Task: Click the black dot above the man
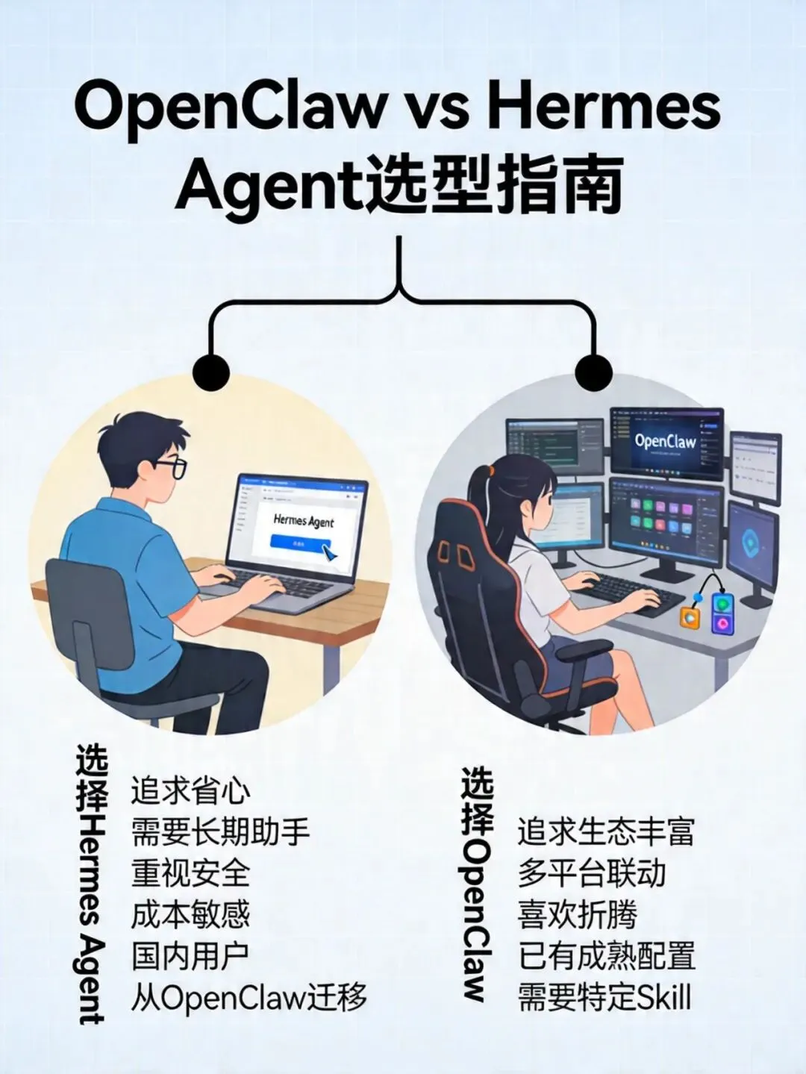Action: [211, 371]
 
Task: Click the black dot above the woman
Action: [595, 371]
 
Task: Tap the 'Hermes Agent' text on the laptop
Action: [303, 520]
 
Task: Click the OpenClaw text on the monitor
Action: [665, 441]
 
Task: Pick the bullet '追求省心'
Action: [190, 791]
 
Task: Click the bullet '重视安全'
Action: [190, 873]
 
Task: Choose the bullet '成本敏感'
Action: [190, 914]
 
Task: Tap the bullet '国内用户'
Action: [190, 956]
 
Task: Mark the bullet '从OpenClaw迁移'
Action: [249, 997]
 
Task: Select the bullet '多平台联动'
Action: [591, 873]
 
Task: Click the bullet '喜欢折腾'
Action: [577, 915]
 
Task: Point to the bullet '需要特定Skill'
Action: [604, 998]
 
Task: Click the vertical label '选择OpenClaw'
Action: [476, 884]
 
